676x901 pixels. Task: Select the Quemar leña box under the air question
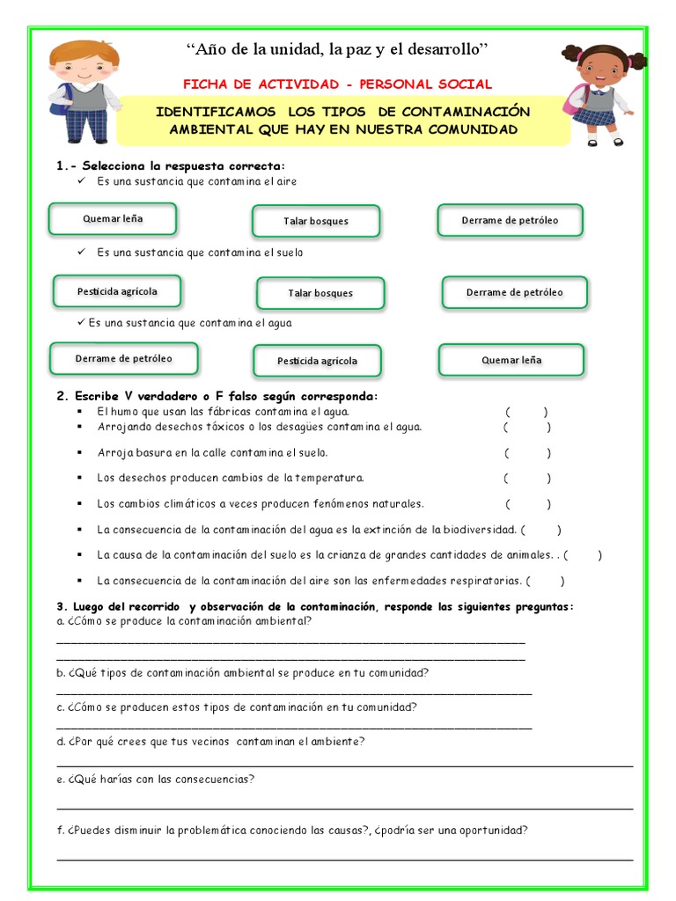point(113,218)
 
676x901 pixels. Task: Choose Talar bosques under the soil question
point(320,293)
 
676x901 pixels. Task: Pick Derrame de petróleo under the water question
point(123,358)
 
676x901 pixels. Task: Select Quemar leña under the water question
point(511,360)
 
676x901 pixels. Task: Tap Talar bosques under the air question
point(316,221)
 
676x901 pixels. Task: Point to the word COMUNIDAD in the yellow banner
point(469,129)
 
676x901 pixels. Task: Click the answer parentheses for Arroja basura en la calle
point(528,453)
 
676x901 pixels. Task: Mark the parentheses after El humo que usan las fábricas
point(527,412)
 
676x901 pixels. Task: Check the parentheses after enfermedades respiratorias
point(546,581)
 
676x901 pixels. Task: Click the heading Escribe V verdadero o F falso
point(217,396)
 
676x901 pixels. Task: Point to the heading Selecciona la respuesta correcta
point(171,165)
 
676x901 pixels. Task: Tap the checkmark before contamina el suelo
point(82,253)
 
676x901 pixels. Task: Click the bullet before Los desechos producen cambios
point(79,479)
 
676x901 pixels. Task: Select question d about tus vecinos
point(210,741)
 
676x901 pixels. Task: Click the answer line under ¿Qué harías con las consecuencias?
point(344,808)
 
